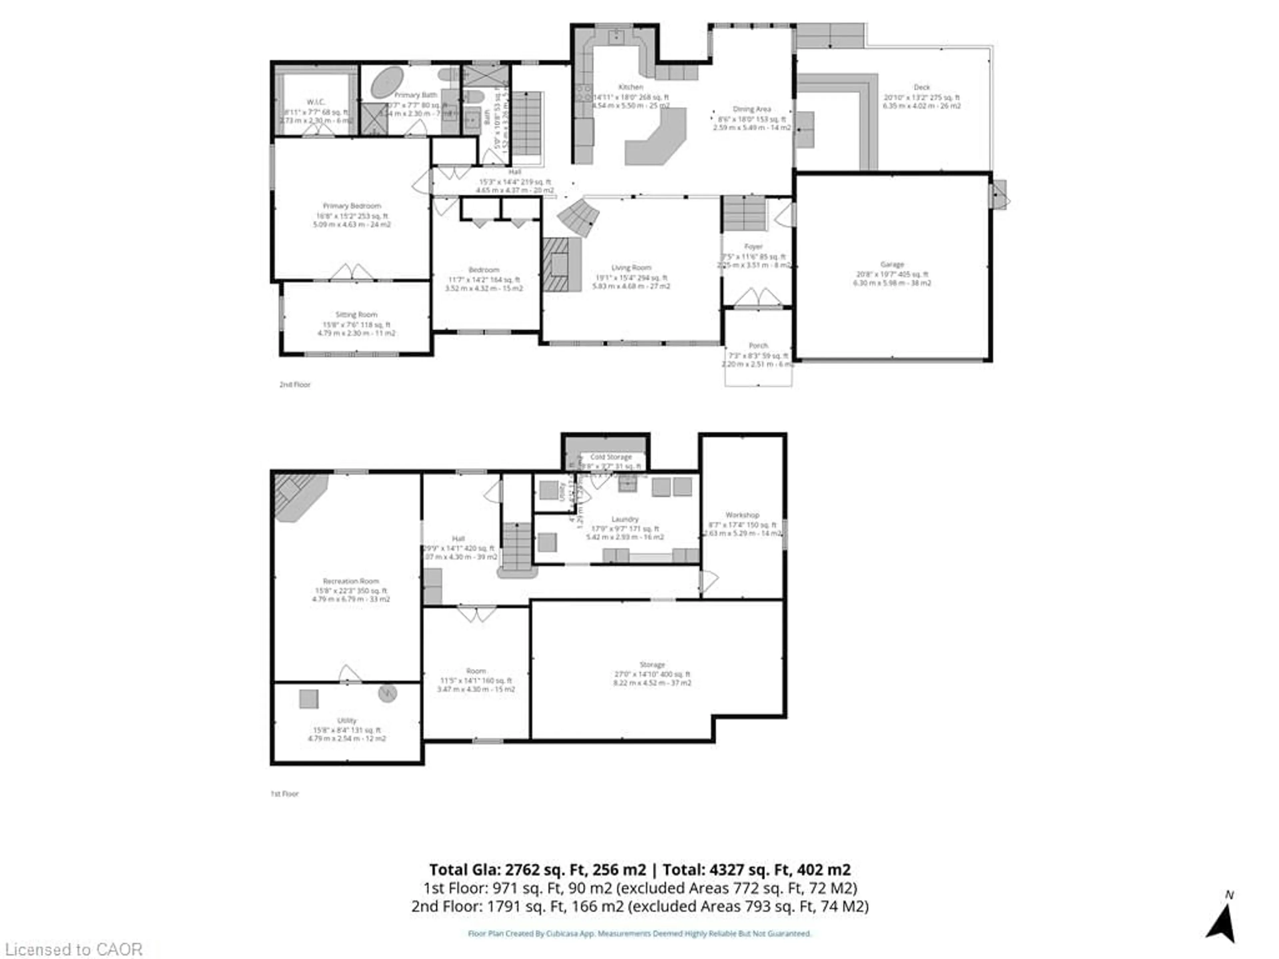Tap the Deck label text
pos(922,87)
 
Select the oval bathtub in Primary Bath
pos(387,82)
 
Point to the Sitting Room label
pos(356,314)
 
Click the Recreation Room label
pos(351,581)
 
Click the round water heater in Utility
pos(387,693)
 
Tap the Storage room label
pos(652,665)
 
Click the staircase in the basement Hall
pos(517,546)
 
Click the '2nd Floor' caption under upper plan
pos(295,384)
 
